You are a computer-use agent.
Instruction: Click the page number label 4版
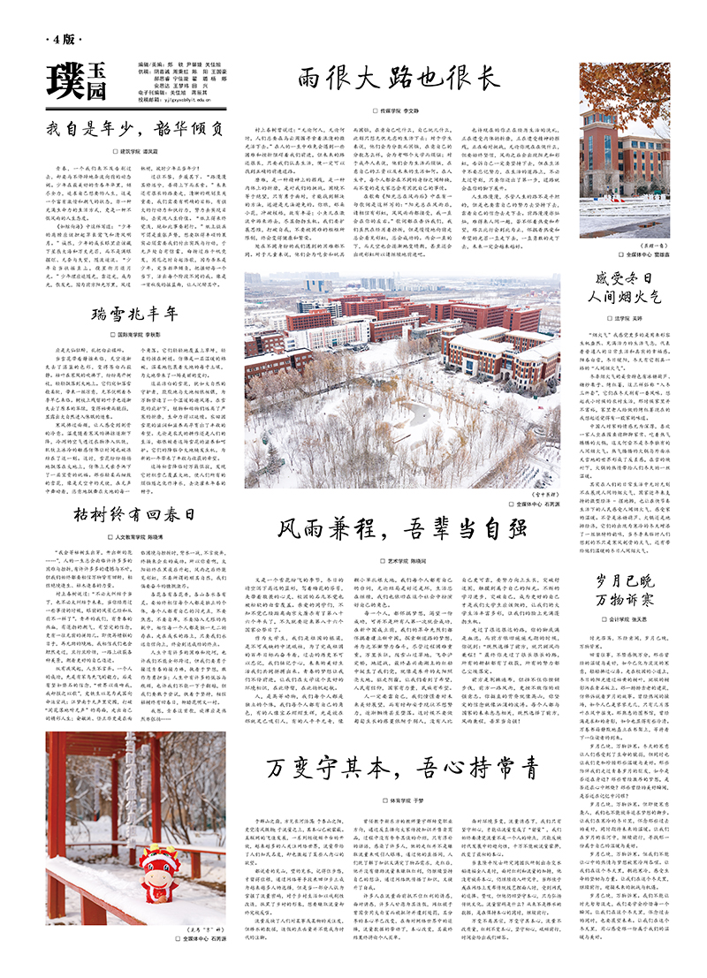point(64,41)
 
